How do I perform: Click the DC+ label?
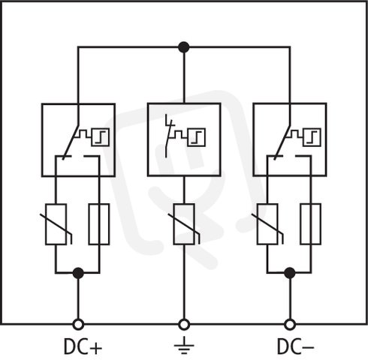83,346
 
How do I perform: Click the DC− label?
295,346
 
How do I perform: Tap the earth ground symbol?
184,346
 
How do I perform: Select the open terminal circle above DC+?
78,325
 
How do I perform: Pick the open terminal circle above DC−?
290,325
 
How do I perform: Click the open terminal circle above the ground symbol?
184,325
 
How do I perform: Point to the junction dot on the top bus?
184,47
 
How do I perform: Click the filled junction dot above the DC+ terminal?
78,273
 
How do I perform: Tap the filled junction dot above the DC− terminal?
290,273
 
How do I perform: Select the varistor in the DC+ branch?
56,224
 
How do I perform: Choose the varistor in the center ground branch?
184,224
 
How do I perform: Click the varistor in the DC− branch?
267,224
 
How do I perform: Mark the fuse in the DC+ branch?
99,224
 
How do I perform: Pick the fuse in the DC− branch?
311,224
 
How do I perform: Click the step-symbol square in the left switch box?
101,137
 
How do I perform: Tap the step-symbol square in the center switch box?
197,137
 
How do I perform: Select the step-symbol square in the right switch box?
312,137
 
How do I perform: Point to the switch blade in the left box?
71,142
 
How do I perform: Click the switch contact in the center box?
168,136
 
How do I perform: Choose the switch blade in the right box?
282,142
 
